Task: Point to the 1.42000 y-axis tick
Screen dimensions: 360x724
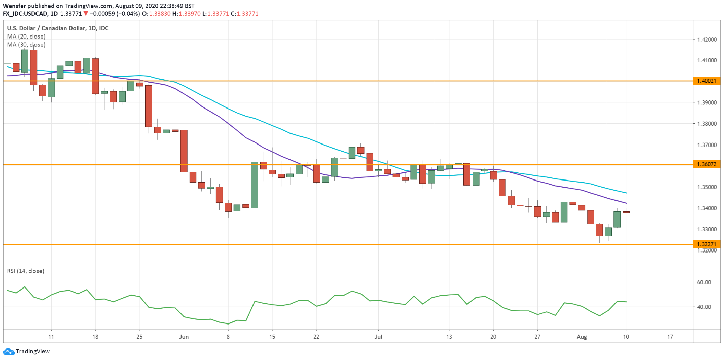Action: coord(707,39)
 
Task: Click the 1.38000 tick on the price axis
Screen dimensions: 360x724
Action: coord(707,124)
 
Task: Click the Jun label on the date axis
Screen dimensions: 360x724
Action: coord(184,336)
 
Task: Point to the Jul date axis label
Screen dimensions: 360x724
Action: coord(378,336)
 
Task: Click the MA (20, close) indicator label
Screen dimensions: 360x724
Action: coord(26,37)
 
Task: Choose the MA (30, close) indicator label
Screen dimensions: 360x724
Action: coord(26,45)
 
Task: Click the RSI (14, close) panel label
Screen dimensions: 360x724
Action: coord(25,271)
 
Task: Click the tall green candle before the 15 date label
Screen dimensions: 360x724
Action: coord(255,185)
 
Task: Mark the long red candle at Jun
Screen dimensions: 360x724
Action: coord(184,151)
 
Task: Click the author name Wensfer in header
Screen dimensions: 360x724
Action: coord(15,6)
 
